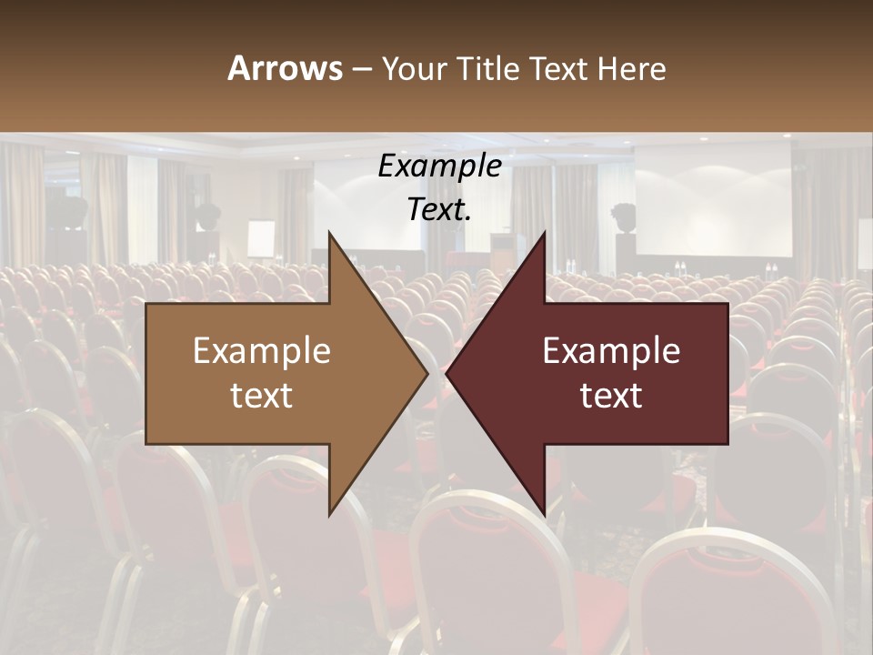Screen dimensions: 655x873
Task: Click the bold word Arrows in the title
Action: pos(286,68)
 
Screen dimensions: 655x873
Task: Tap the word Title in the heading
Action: pos(490,68)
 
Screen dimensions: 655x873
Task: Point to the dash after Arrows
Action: pos(362,70)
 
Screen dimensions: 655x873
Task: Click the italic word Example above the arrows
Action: pos(439,166)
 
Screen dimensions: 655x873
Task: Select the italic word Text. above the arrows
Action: pos(439,209)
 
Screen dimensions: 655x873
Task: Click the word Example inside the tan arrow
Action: pos(261,351)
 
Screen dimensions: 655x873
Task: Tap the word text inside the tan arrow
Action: pos(261,396)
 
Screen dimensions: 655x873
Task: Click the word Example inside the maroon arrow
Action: pos(611,351)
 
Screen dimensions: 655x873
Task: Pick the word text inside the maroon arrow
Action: pos(611,396)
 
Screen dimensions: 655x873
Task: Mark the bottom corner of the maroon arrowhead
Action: pos(544,514)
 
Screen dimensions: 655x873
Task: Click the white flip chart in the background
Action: pos(261,237)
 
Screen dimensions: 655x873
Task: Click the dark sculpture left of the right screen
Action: pos(624,218)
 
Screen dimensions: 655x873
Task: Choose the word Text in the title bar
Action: pos(560,68)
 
